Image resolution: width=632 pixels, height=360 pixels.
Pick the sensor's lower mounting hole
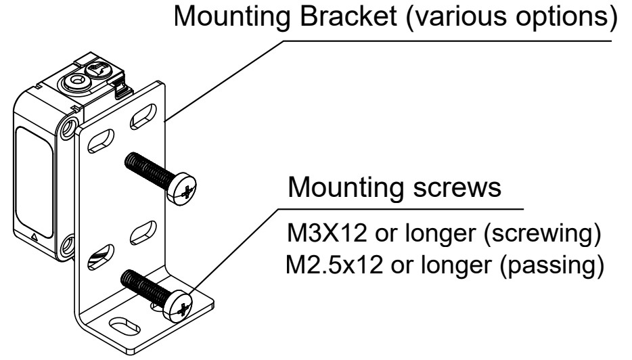[67, 244]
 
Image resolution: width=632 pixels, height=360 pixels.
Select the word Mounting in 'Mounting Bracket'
[223, 23]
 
